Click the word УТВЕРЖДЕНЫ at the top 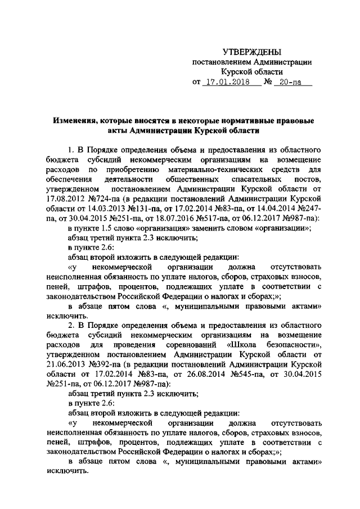[x=251, y=52]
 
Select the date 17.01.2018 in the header [x=231, y=83]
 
